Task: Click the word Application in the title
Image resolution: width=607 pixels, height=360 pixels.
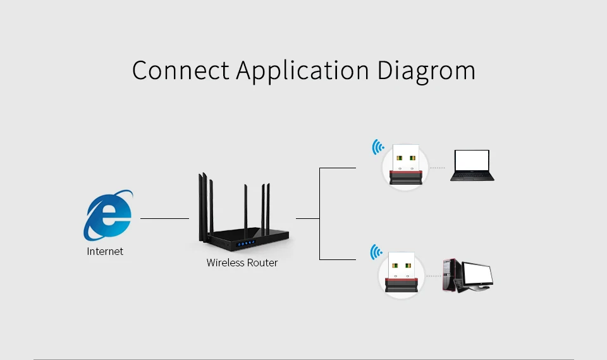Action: point(302,71)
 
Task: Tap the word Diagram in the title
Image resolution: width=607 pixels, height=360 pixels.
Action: point(426,70)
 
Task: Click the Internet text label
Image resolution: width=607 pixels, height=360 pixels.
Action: point(105,251)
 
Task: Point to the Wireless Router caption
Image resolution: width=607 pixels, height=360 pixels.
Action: point(242,263)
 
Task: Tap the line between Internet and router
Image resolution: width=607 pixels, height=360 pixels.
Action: point(164,218)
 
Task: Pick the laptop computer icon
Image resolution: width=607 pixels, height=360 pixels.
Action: point(472,166)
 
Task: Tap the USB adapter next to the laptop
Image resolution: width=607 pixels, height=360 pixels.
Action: point(405,166)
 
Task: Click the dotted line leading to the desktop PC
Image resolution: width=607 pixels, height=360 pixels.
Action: point(433,276)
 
